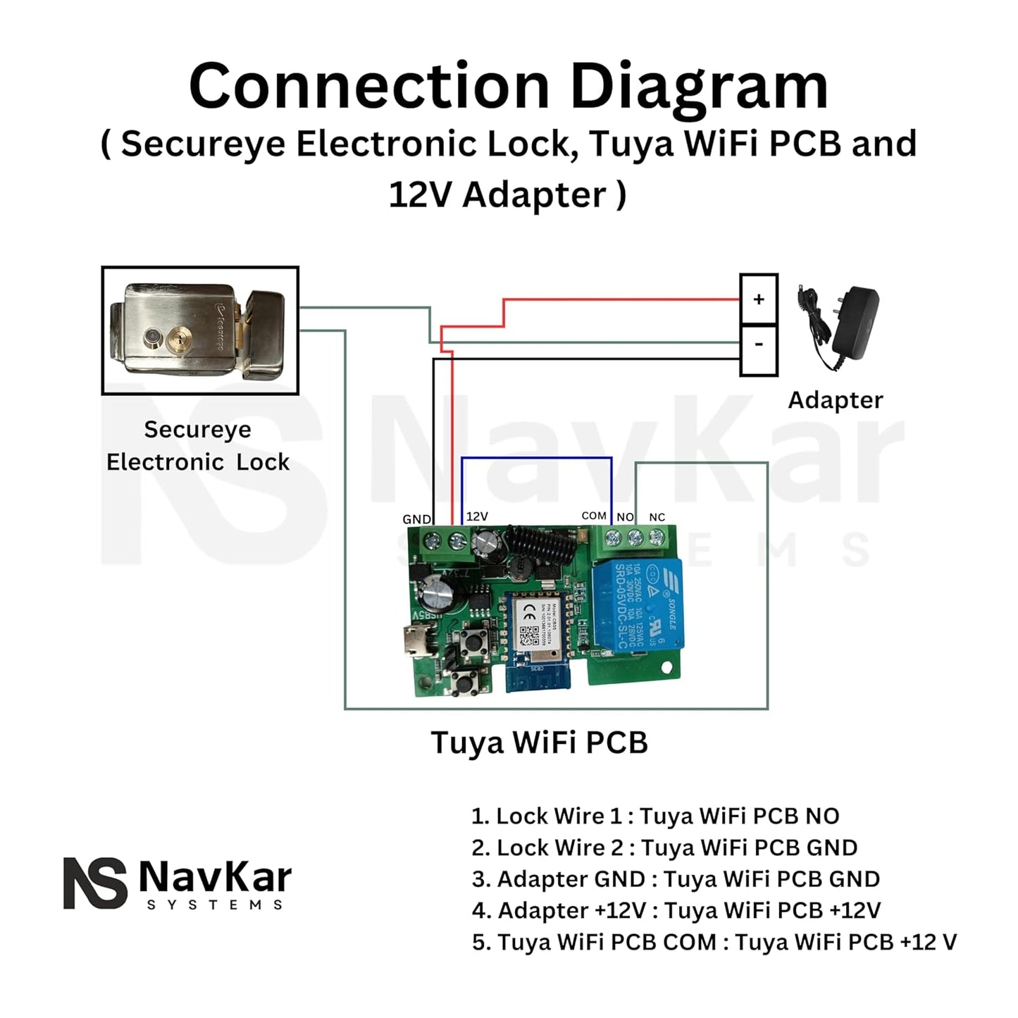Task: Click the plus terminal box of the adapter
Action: tap(759, 299)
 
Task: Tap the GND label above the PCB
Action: tap(416, 519)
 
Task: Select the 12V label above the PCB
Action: tap(477, 516)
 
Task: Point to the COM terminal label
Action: tap(594, 516)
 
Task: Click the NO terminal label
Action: tap(625, 517)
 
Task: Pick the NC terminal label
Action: tap(657, 517)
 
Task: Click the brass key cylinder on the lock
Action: tap(180, 342)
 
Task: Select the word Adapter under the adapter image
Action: tap(835, 400)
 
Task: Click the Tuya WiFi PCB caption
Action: tap(539, 743)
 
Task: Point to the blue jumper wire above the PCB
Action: tap(537, 458)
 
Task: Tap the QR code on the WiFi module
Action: tap(529, 636)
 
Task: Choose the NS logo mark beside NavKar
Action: tap(95, 883)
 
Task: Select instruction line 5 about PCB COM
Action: tap(714, 942)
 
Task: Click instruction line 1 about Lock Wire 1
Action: tap(655, 816)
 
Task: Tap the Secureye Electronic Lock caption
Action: tap(198, 445)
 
